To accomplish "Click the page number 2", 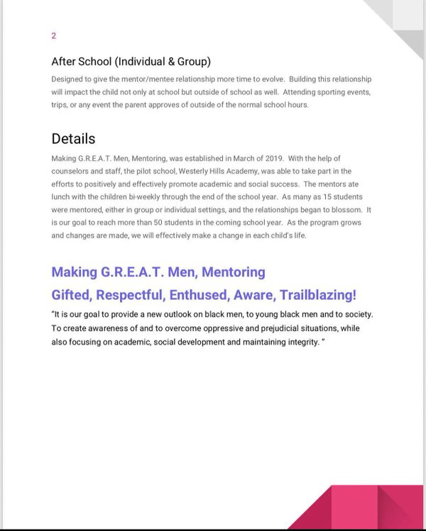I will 54,35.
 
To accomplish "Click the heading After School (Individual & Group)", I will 131,62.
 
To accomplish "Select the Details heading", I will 73,138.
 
